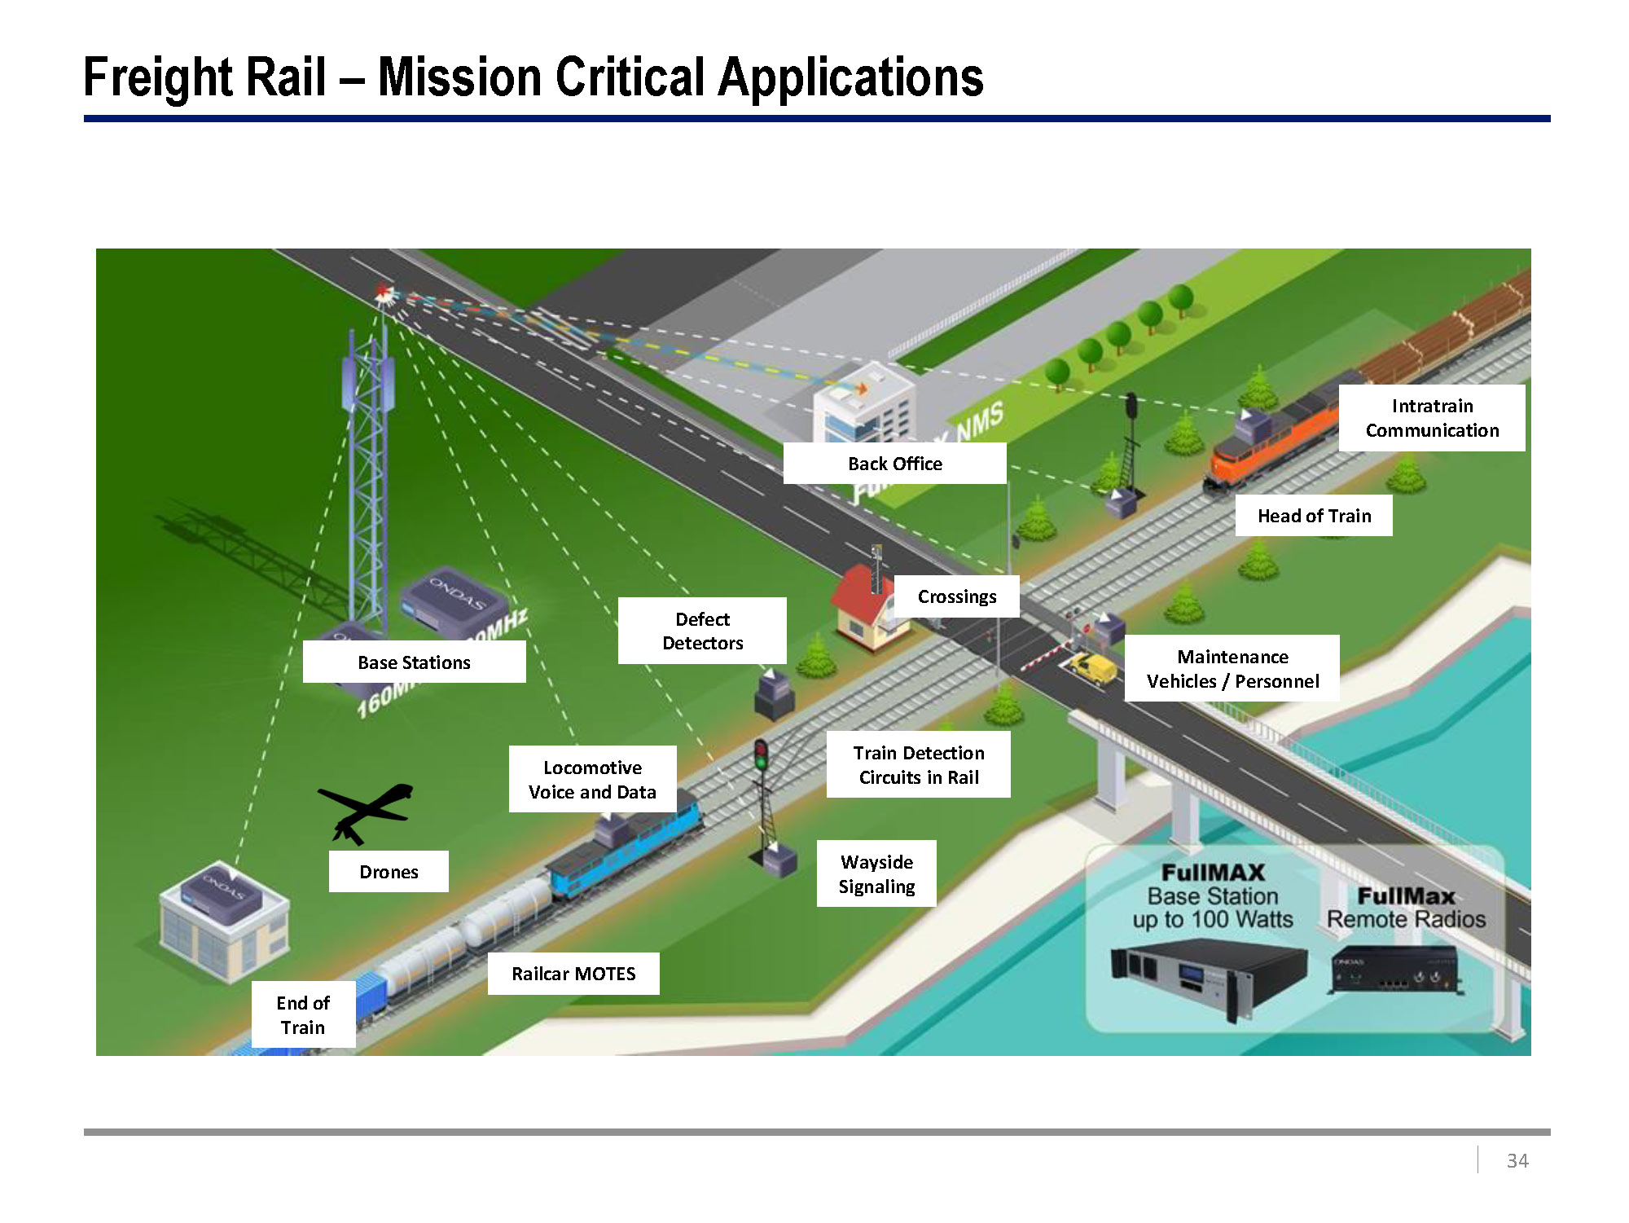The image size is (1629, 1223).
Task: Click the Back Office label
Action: point(894,464)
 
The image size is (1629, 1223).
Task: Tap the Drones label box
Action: point(389,872)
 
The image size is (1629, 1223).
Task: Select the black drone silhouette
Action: point(367,810)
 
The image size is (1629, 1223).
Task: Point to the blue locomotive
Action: point(627,847)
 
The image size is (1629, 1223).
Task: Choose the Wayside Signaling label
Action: point(876,873)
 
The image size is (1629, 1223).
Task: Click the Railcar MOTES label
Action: point(573,974)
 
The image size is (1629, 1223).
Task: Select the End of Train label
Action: point(303,1014)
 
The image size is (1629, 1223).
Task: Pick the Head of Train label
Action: point(1314,516)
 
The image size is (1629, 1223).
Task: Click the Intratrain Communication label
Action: point(1432,418)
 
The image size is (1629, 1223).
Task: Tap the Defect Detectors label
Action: point(702,631)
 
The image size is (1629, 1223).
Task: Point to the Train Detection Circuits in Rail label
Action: point(919,764)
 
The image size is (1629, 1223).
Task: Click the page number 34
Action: point(1517,1160)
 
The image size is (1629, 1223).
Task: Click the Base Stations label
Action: point(414,662)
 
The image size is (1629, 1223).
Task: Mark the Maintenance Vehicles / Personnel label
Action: point(1232,669)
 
